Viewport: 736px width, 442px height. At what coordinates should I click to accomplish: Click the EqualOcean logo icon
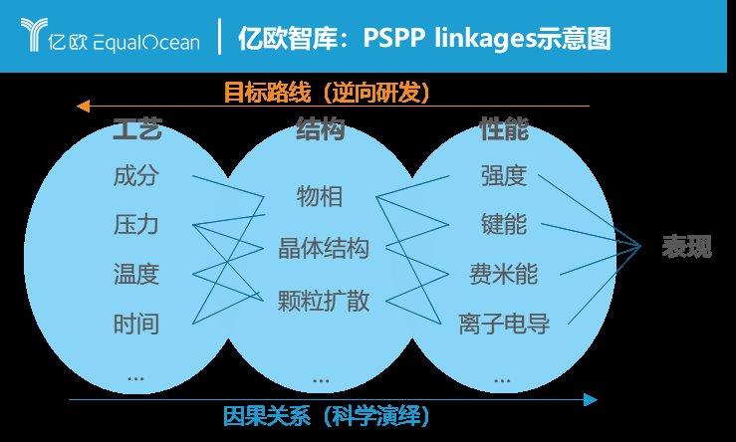click(x=34, y=34)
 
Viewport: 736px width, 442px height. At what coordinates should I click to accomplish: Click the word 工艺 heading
click(x=137, y=129)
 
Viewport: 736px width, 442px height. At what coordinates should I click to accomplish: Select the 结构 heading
click(x=321, y=129)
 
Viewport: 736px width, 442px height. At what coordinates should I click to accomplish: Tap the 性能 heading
click(x=504, y=129)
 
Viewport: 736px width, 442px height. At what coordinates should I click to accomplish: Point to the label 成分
click(x=136, y=176)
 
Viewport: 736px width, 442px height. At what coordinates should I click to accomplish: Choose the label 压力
click(x=136, y=224)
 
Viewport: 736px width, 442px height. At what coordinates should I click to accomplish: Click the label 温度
click(x=136, y=274)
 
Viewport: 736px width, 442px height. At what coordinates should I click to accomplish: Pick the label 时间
click(x=136, y=325)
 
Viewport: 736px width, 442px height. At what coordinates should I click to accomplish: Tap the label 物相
click(x=320, y=196)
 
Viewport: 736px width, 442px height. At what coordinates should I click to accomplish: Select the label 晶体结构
click(x=324, y=248)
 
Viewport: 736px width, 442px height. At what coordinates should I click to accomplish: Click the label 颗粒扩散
click(x=324, y=301)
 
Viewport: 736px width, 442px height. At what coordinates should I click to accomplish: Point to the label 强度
click(x=504, y=176)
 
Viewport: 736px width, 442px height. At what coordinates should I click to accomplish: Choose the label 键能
click(x=504, y=224)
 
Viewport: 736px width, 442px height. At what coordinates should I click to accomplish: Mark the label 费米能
click(x=504, y=274)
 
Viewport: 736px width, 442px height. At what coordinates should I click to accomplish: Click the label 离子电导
click(x=504, y=325)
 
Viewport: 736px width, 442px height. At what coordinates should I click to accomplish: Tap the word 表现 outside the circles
click(x=687, y=246)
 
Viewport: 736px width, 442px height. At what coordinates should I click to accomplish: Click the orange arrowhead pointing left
click(x=83, y=107)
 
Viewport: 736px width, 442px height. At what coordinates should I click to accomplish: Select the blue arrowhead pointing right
click(x=591, y=400)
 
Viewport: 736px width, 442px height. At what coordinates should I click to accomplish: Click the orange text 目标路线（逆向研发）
click(x=327, y=92)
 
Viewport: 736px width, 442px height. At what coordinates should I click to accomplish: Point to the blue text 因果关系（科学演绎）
click(x=327, y=416)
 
